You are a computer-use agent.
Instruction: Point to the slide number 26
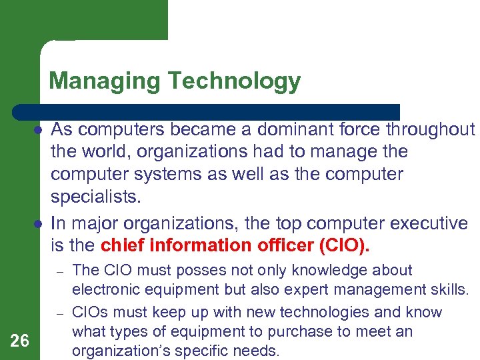pyautogui.click(x=20, y=341)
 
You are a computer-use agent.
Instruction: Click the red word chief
pyautogui.click(x=125, y=245)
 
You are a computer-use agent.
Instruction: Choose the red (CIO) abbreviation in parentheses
pyautogui.click(x=344, y=245)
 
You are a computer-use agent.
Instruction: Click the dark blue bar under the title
pyautogui.click(x=207, y=111)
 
